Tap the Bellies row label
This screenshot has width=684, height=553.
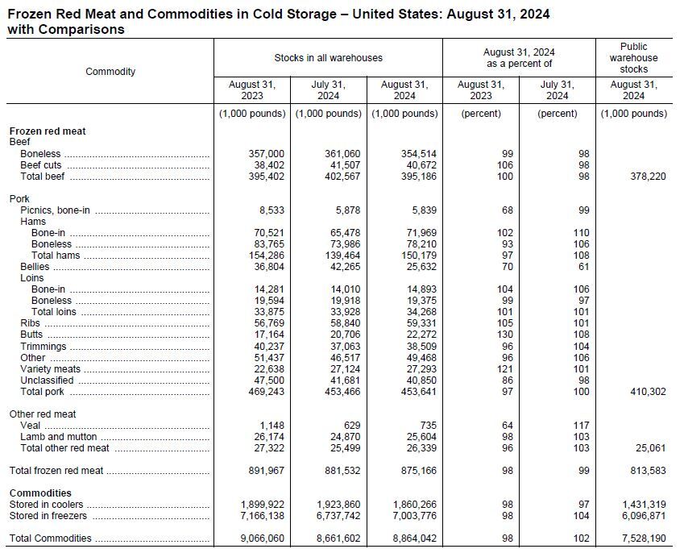[35, 267]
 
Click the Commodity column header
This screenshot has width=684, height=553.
[110, 72]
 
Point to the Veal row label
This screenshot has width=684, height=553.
[31, 426]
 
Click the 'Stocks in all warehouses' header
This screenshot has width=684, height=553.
[328, 58]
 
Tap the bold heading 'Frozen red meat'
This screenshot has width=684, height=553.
[48, 131]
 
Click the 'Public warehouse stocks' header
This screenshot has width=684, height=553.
[633, 58]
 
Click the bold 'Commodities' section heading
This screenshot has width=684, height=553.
[40, 493]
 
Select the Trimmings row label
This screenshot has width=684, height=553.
[44, 347]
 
